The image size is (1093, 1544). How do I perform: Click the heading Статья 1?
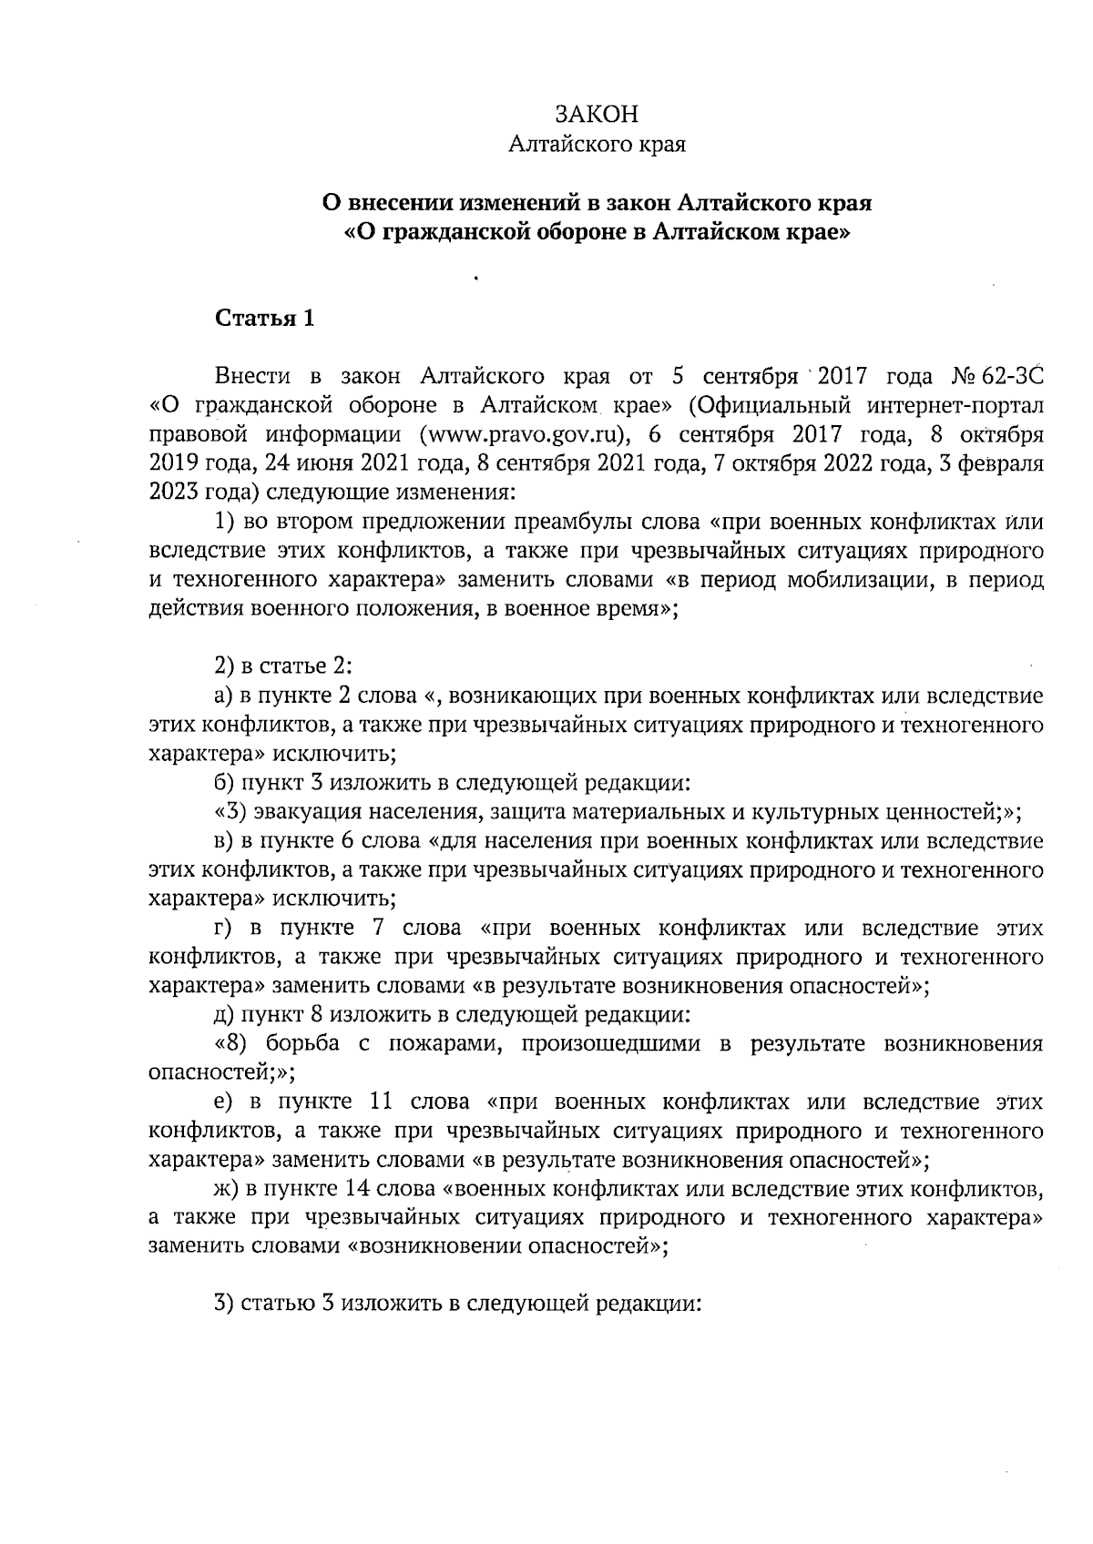pos(265,319)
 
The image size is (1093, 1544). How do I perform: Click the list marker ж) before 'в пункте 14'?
pos(225,1189)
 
